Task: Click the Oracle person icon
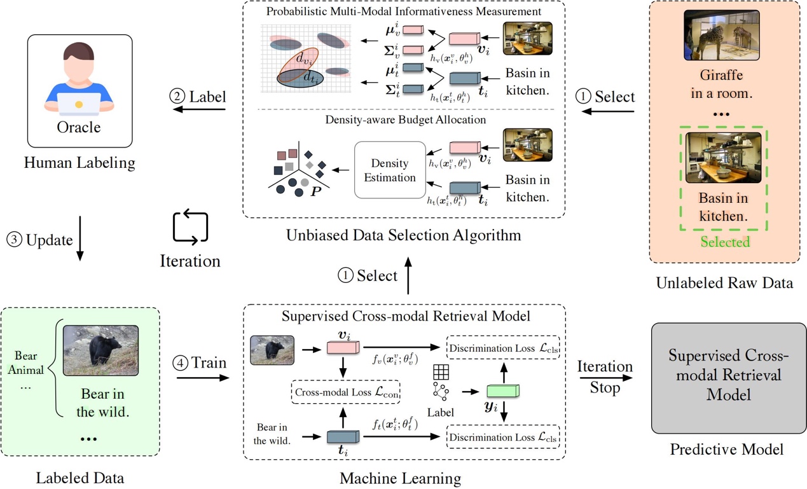click(79, 79)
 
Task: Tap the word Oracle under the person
click(79, 127)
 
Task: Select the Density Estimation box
click(390, 170)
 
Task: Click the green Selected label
click(725, 242)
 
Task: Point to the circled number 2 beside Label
click(177, 97)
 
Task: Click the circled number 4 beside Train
click(181, 364)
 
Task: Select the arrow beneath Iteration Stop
click(605, 377)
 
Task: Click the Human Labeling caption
click(79, 163)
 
